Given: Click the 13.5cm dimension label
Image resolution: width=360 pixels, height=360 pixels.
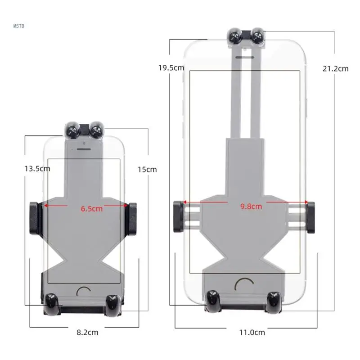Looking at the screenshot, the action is tap(37, 169).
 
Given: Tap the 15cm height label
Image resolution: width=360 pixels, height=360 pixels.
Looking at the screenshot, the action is tap(147, 170).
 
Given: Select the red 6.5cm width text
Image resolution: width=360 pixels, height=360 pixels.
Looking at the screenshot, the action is tap(92, 209).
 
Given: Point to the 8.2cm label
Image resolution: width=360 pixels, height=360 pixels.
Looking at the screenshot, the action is tap(87, 332).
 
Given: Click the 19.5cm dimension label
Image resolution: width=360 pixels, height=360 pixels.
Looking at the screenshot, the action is tap(171, 68).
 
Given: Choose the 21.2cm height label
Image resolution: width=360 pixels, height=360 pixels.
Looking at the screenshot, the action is tap(335, 68).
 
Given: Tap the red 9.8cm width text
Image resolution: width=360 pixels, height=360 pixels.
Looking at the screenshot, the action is tap(251, 207).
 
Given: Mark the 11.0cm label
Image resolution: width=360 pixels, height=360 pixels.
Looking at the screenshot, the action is tap(252, 332).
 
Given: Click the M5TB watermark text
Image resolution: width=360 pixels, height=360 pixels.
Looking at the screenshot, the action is tap(18, 26).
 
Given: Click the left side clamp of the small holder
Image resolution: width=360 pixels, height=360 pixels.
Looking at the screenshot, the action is tap(34, 218).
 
